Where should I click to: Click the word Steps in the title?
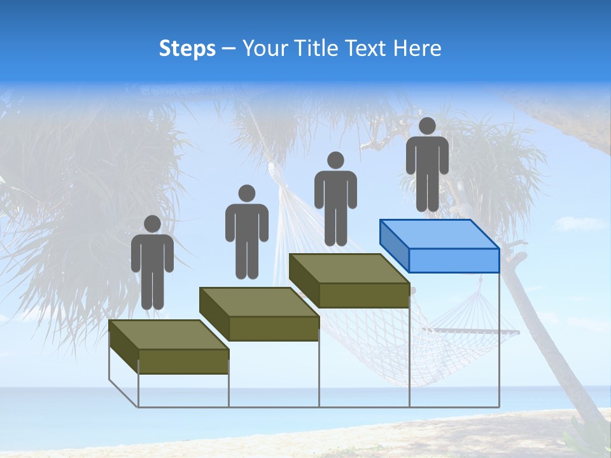click(187, 49)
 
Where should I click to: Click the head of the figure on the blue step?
click(427, 126)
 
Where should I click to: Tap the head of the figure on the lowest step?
click(152, 224)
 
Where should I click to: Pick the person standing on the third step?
click(335, 198)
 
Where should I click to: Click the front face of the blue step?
click(454, 260)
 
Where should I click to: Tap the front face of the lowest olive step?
click(183, 361)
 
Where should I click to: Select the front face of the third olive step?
click(363, 295)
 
